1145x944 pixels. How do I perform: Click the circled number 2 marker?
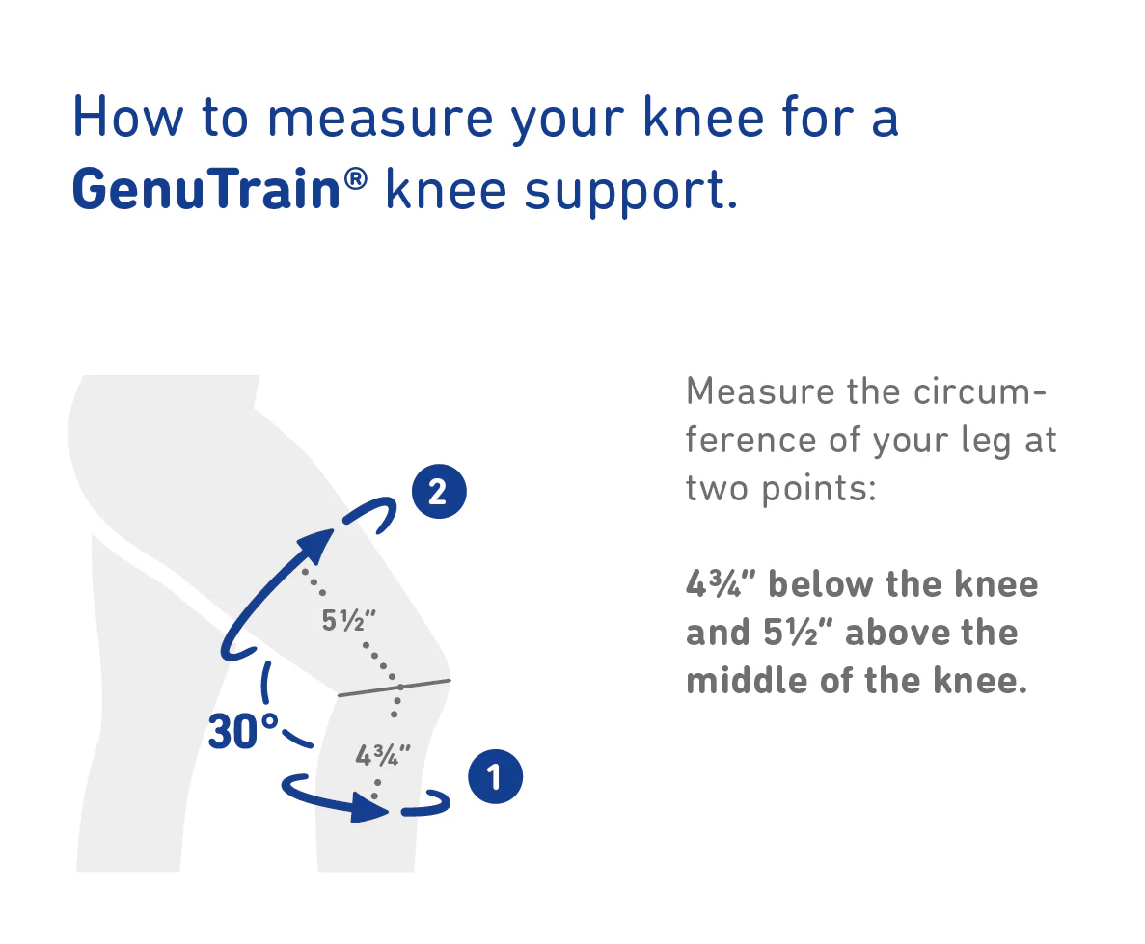(439, 492)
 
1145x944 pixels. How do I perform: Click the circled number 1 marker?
(495, 776)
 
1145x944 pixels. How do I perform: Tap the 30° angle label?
(243, 731)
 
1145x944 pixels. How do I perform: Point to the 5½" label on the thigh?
(348, 621)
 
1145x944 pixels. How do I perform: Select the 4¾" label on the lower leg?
(383, 755)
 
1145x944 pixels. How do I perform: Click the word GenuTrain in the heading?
(206, 190)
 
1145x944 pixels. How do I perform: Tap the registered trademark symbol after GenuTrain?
(355, 179)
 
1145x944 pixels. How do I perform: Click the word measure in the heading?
(380, 119)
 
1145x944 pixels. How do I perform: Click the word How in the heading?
(127, 117)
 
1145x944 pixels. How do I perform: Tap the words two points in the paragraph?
(780, 489)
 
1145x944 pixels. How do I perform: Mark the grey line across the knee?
(395, 688)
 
